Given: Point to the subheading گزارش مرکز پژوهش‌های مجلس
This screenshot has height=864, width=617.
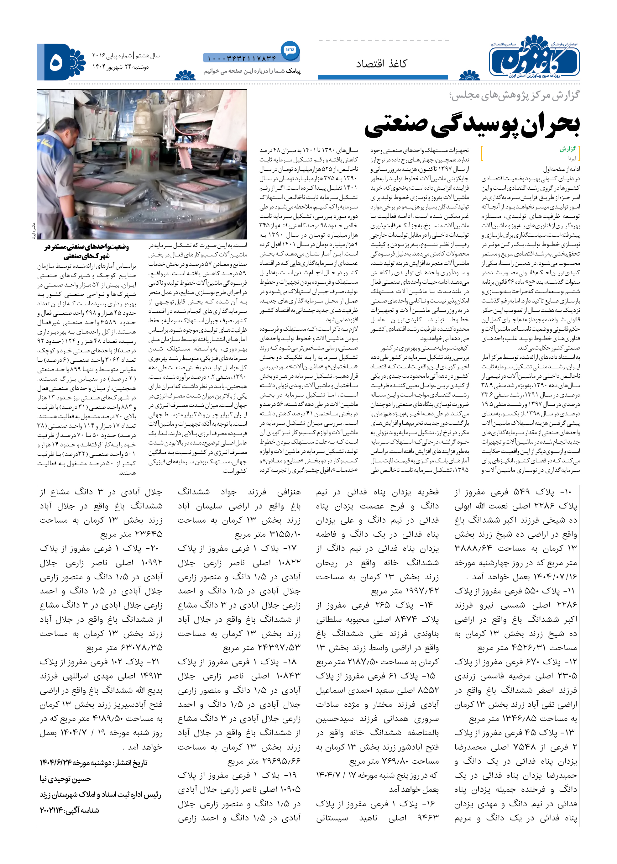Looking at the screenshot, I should [x=515, y=95].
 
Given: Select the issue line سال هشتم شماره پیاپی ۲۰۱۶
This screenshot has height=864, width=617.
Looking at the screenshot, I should [x=126, y=56].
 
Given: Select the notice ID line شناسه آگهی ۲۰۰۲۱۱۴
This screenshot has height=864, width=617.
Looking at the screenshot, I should [x=70, y=810].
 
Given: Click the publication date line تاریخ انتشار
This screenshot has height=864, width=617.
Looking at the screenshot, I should [x=93, y=762].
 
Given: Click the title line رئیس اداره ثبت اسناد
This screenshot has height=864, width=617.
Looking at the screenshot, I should [x=100, y=794].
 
